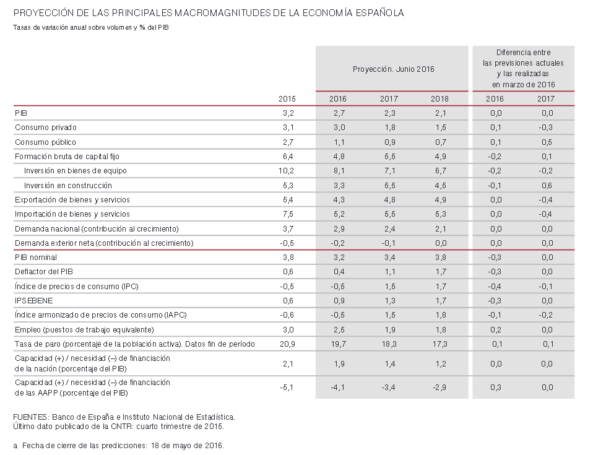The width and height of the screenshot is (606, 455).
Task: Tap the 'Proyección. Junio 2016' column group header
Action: click(x=393, y=69)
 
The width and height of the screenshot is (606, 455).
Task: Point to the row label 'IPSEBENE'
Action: click(x=33, y=300)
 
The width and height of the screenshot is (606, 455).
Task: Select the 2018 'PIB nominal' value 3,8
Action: click(x=440, y=258)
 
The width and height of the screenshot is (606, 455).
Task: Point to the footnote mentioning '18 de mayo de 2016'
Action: click(x=118, y=446)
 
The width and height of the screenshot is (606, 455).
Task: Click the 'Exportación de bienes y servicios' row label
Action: click(x=72, y=200)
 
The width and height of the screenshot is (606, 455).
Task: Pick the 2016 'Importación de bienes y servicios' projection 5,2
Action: click(x=338, y=214)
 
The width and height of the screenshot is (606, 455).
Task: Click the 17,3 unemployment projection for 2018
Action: click(x=440, y=344)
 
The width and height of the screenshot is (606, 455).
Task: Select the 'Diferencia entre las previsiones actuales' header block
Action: click(x=523, y=68)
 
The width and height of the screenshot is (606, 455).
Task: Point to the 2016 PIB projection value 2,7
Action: click(x=338, y=113)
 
